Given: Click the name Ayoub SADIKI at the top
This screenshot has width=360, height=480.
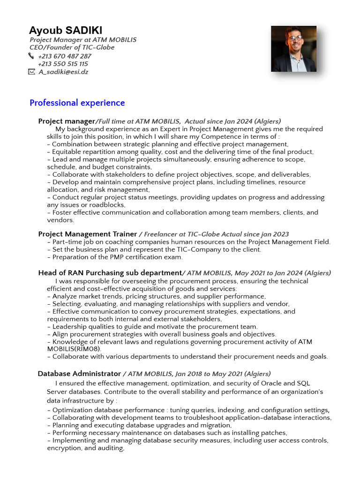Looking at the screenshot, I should tap(66, 30).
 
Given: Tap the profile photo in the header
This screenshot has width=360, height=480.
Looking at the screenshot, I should tap(293, 49).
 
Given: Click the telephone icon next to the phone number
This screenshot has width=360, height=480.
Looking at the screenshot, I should tap(31, 56).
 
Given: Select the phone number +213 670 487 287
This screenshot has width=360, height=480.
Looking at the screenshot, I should tap(65, 56).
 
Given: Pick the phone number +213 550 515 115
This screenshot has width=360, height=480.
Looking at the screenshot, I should tap(63, 64).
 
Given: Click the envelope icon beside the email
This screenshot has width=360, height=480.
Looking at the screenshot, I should tap(31, 72).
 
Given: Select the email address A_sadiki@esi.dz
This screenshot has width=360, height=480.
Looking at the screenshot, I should tap(63, 72).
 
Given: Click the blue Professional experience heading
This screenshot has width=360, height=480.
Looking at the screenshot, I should tap(77, 103).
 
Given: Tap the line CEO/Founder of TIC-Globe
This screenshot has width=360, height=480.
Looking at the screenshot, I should tap(72, 47).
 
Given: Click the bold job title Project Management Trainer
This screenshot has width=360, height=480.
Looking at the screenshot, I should tap(88, 234).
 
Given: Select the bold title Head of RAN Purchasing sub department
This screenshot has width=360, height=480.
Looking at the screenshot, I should tap(110, 273).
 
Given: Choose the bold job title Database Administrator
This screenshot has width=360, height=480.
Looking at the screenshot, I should tap(79, 374).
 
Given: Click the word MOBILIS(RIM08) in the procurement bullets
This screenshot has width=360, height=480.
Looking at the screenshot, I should tap(74, 349).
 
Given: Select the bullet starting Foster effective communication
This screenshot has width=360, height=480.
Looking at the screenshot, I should tap(183, 212).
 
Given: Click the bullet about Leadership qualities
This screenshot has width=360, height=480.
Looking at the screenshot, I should tap(155, 327).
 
